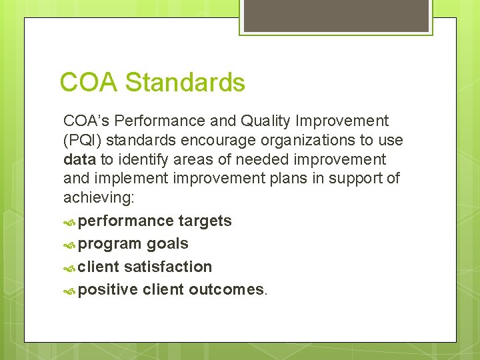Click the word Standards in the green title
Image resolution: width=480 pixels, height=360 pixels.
pos(185,83)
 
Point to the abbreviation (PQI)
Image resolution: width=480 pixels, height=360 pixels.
pos(82,141)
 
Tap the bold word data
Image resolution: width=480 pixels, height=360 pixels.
pos(79,160)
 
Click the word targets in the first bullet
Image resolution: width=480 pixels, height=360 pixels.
pos(205,221)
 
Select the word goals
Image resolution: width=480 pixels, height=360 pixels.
pos(167,244)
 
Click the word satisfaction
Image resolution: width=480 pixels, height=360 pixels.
pos(168,267)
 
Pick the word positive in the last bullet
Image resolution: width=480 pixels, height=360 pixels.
pos(108,289)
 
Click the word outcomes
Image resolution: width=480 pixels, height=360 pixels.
pos(227,289)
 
